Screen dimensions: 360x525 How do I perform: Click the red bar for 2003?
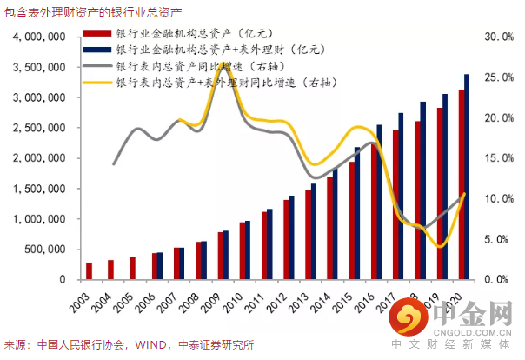click(x=89, y=271)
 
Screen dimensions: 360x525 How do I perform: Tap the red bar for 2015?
click(x=352, y=221)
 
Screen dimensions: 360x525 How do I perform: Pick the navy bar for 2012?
click(x=291, y=237)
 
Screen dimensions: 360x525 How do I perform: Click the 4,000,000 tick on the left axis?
click(x=40, y=38)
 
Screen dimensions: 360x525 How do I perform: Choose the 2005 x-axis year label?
click(x=126, y=303)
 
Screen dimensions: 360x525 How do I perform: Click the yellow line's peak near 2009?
click(x=225, y=64)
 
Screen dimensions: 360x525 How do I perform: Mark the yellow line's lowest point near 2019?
click(x=442, y=246)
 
